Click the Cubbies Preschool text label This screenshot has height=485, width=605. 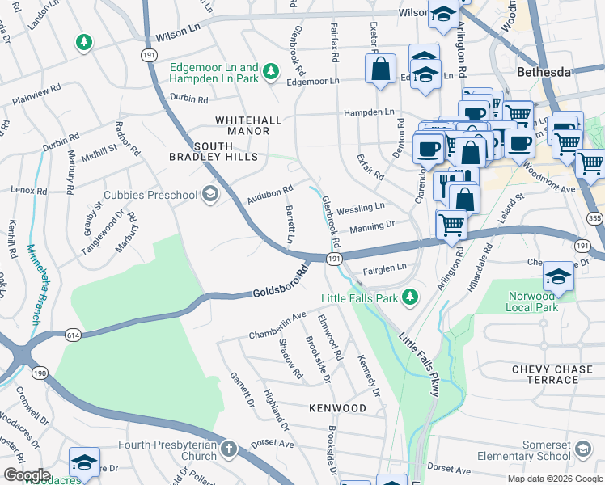click(x=151, y=195)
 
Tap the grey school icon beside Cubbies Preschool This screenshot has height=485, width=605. click(x=210, y=194)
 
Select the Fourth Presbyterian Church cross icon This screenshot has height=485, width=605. click(x=229, y=449)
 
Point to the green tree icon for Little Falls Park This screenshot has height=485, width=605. click(x=411, y=297)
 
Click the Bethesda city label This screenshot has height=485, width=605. click(x=545, y=72)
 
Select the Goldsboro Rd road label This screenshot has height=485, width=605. click(x=281, y=283)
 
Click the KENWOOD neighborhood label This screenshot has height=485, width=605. click(x=337, y=408)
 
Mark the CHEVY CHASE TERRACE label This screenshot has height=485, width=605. click(x=557, y=374)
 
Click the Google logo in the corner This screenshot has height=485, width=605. click(x=26, y=475)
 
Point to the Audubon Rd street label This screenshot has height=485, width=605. click(x=269, y=194)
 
